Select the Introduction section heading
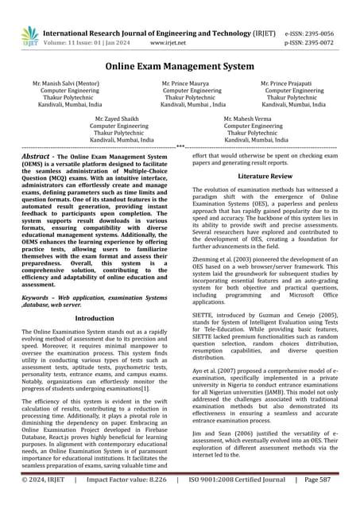click(x=93, y=317)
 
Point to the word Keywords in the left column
click(x=41, y=295)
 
